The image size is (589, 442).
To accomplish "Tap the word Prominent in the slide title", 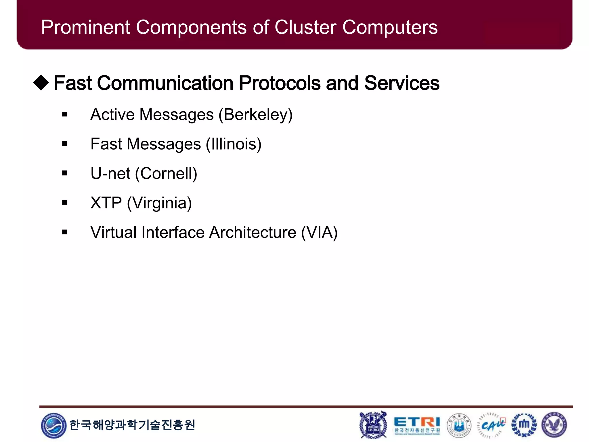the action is pos(86,27).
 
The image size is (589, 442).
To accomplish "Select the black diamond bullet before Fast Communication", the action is pos(41,83).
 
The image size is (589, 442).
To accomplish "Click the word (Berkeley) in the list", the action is pos(255,115).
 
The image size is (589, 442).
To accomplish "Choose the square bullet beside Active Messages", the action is pos(65,114).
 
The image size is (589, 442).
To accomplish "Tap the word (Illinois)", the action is pos(234,144).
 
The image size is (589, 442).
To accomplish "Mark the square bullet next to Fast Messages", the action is pos(65,144).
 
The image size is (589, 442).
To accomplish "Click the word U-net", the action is pos(110,174).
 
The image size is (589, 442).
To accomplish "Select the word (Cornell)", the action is pos(166,174).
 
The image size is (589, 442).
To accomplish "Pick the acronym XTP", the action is pos(106,203).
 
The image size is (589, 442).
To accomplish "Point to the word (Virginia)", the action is pos(159,203).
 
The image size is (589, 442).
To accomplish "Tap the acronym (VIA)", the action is pos(319,233).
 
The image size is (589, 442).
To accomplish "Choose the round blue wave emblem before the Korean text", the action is pos(53,426).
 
